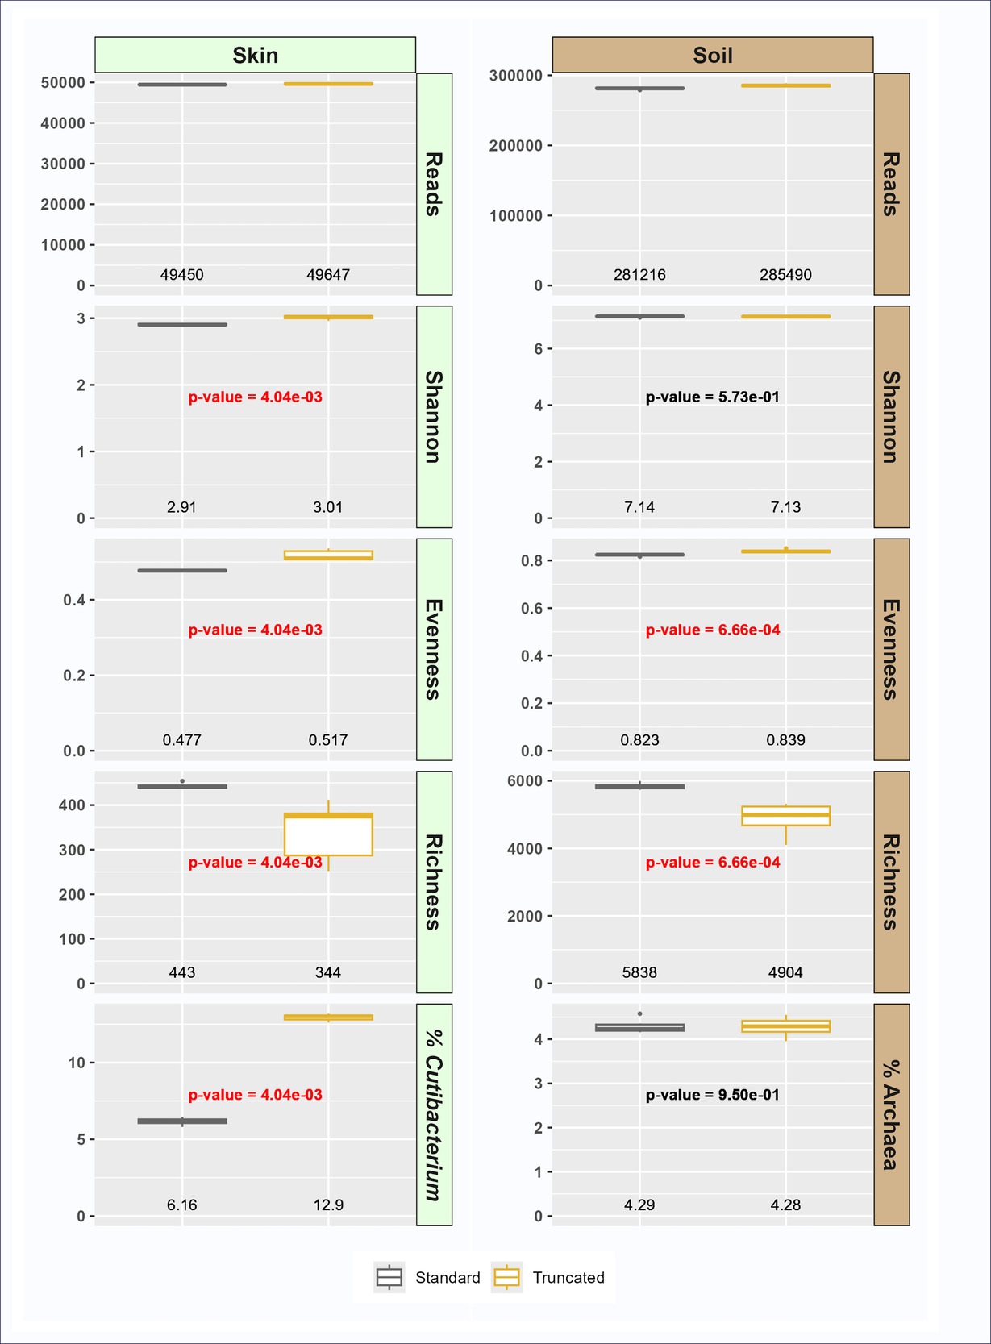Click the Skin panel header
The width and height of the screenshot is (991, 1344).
click(255, 55)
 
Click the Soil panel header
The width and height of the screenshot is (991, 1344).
click(712, 55)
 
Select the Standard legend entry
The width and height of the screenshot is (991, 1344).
click(428, 1278)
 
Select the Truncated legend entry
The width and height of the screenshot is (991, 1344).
click(548, 1278)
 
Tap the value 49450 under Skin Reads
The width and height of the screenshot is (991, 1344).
click(182, 275)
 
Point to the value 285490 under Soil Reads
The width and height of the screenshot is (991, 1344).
click(785, 275)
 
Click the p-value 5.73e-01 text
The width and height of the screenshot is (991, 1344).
click(713, 397)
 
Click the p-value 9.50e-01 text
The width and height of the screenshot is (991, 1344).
click(713, 1095)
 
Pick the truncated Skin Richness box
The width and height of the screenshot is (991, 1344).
click(328, 834)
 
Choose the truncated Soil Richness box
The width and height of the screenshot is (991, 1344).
click(785, 816)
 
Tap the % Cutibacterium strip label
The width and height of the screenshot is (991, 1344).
click(434, 1114)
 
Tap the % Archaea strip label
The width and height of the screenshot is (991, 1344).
click(891, 1114)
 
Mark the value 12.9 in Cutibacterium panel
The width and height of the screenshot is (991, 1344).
click(328, 1205)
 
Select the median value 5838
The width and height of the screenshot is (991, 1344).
click(639, 973)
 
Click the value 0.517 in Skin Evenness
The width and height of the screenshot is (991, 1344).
click(328, 740)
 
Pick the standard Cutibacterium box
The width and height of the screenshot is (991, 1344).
click(182, 1121)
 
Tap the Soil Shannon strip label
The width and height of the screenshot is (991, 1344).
click(891, 417)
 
